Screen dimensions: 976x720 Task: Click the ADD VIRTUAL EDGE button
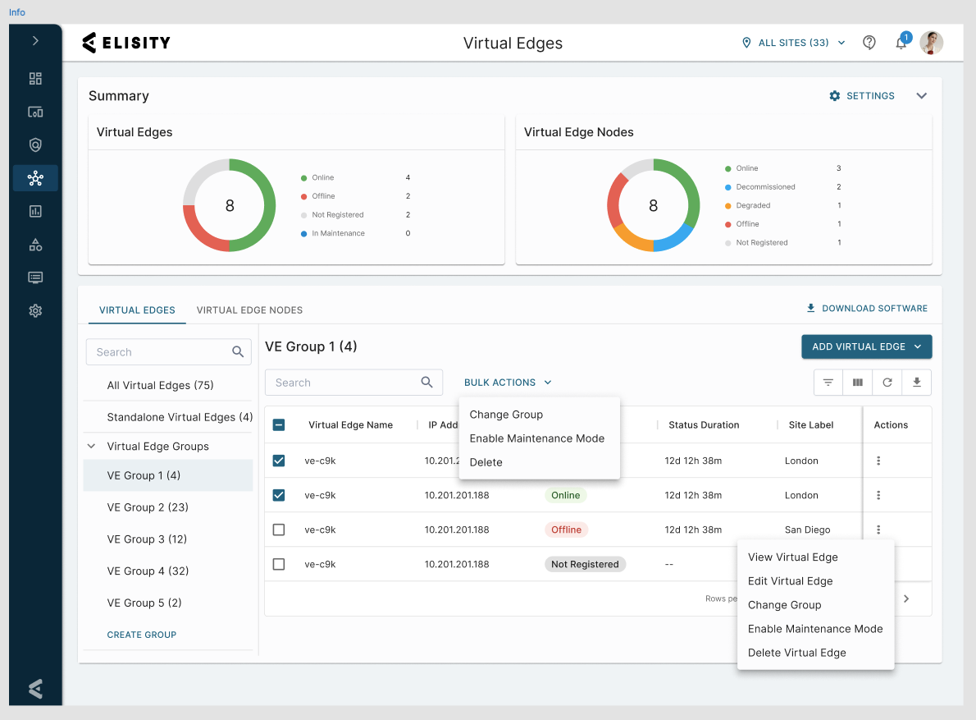866,347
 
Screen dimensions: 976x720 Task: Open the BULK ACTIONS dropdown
508,383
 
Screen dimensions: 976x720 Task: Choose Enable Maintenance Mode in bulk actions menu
537,438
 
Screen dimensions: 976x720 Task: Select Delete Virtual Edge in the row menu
796,653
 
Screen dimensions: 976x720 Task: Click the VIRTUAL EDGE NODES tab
249,310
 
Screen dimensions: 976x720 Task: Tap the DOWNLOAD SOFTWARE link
867,309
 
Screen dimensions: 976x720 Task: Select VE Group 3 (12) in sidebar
147,539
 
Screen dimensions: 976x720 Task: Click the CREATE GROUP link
142,635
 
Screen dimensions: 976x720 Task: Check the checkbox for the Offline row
279,530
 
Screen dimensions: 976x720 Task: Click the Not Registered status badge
585,564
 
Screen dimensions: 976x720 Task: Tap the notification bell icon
901,43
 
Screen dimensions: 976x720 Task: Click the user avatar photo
932,43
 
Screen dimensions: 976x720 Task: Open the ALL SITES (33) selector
794,43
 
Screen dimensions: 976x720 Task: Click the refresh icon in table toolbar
887,383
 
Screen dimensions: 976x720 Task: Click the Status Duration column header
704,424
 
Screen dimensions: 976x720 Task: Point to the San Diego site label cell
807,530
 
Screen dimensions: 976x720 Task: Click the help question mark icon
869,43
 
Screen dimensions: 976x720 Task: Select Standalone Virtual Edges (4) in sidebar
180,417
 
